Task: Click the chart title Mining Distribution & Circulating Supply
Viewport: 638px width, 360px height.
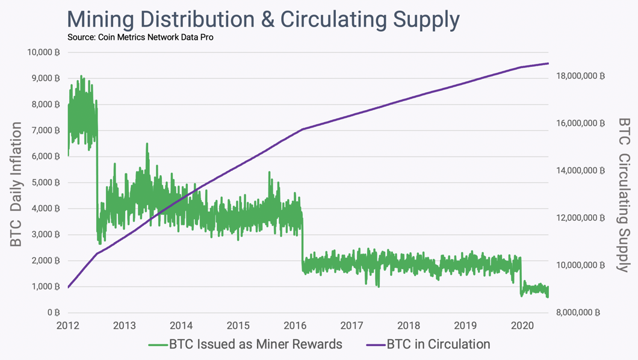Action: [x=263, y=19]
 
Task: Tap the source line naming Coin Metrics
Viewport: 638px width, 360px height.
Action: [x=140, y=37]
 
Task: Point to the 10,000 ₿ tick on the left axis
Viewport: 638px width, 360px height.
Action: [x=44, y=52]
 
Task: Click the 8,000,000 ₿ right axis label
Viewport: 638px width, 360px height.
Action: [x=579, y=312]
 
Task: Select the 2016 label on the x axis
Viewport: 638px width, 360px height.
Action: [x=295, y=326]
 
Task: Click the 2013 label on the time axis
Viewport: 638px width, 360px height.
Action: [x=125, y=326]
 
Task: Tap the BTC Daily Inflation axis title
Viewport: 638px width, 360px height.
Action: [x=16, y=184]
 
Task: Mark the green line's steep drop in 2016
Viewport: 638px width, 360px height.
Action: [x=302, y=241]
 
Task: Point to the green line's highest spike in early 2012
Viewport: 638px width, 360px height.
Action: [x=82, y=76]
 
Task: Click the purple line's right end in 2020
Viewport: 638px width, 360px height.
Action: [x=548, y=63]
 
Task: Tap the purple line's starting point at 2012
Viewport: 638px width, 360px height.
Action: [x=68, y=287]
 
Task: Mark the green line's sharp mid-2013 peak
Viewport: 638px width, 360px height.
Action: [x=146, y=144]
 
